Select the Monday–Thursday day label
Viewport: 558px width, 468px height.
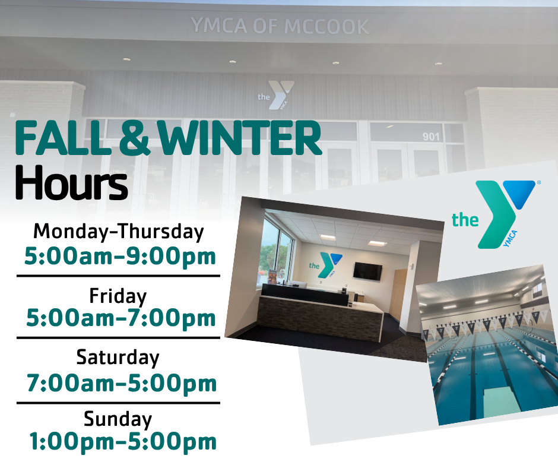pyautogui.click(x=119, y=232)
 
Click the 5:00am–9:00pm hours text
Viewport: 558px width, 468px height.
pyautogui.click(x=121, y=257)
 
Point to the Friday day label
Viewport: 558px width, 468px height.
pyautogui.click(x=118, y=296)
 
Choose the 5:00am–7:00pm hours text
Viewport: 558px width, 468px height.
pyautogui.click(x=121, y=318)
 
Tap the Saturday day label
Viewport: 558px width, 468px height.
pyautogui.click(x=118, y=358)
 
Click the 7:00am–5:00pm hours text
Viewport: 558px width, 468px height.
pyautogui.click(x=122, y=383)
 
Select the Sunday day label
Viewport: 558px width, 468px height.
pyautogui.click(x=118, y=419)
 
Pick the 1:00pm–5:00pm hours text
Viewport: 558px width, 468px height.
pyautogui.click(x=123, y=442)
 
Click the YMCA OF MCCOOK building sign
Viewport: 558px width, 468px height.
pyautogui.click(x=280, y=26)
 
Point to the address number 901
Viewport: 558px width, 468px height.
pyautogui.click(x=431, y=137)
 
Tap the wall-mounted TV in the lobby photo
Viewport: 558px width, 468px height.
pyautogui.click(x=367, y=272)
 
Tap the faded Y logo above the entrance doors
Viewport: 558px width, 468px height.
pyautogui.click(x=277, y=95)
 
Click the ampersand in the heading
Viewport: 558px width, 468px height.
pyautogui.click(x=134, y=138)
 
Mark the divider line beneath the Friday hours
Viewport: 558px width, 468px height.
pyautogui.click(x=118, y=338)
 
